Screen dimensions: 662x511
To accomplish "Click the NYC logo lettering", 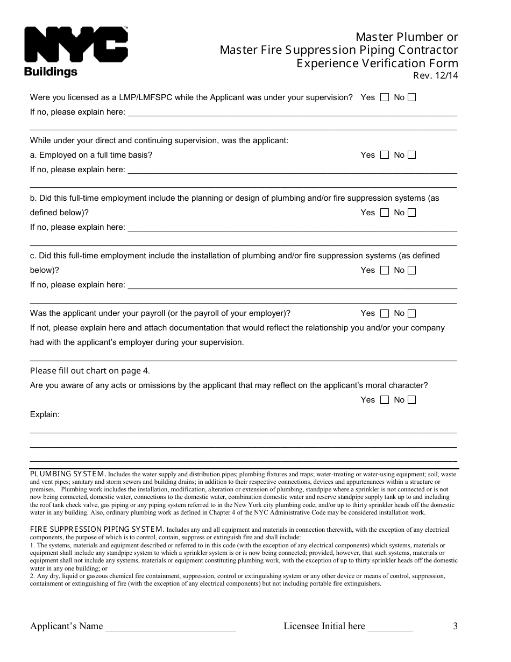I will click(x=75, y=45).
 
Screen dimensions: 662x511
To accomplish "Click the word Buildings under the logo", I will click(x=51, y=72).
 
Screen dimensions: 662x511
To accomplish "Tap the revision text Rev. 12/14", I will click(x=435, y=76).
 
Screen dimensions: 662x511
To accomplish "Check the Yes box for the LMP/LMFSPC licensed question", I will click(x=384, y=97).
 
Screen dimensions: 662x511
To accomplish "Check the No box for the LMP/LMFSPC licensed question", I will click(x=411, y=97).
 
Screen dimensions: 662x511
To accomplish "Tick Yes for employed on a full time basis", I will click(x=384, y=155).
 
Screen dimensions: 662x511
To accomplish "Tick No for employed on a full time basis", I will click(x=411, y=155).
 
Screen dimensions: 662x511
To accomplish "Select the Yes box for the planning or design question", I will click(x=384, y=213).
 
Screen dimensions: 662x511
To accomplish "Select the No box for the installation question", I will click(x=411, y=270).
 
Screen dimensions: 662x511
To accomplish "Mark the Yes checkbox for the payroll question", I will click(x=384, y=313).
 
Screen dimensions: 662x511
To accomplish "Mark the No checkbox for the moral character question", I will click(x=411, y=400).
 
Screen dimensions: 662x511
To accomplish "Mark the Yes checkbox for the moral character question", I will click(x=384, y=400).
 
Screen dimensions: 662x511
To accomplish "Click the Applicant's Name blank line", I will click(x=171, y=628).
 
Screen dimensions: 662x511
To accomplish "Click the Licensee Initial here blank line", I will click(x=390, y=628).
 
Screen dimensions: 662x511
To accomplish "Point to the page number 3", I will click(x=455, y=626).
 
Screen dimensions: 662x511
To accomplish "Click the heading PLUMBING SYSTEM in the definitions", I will click(x=67, y=474).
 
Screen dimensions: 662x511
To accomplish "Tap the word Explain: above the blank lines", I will click(x=45, y=414).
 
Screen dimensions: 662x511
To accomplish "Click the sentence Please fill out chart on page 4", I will click(x=90, y=371).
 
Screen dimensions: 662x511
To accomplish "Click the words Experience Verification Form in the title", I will click(x=377, y=64).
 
